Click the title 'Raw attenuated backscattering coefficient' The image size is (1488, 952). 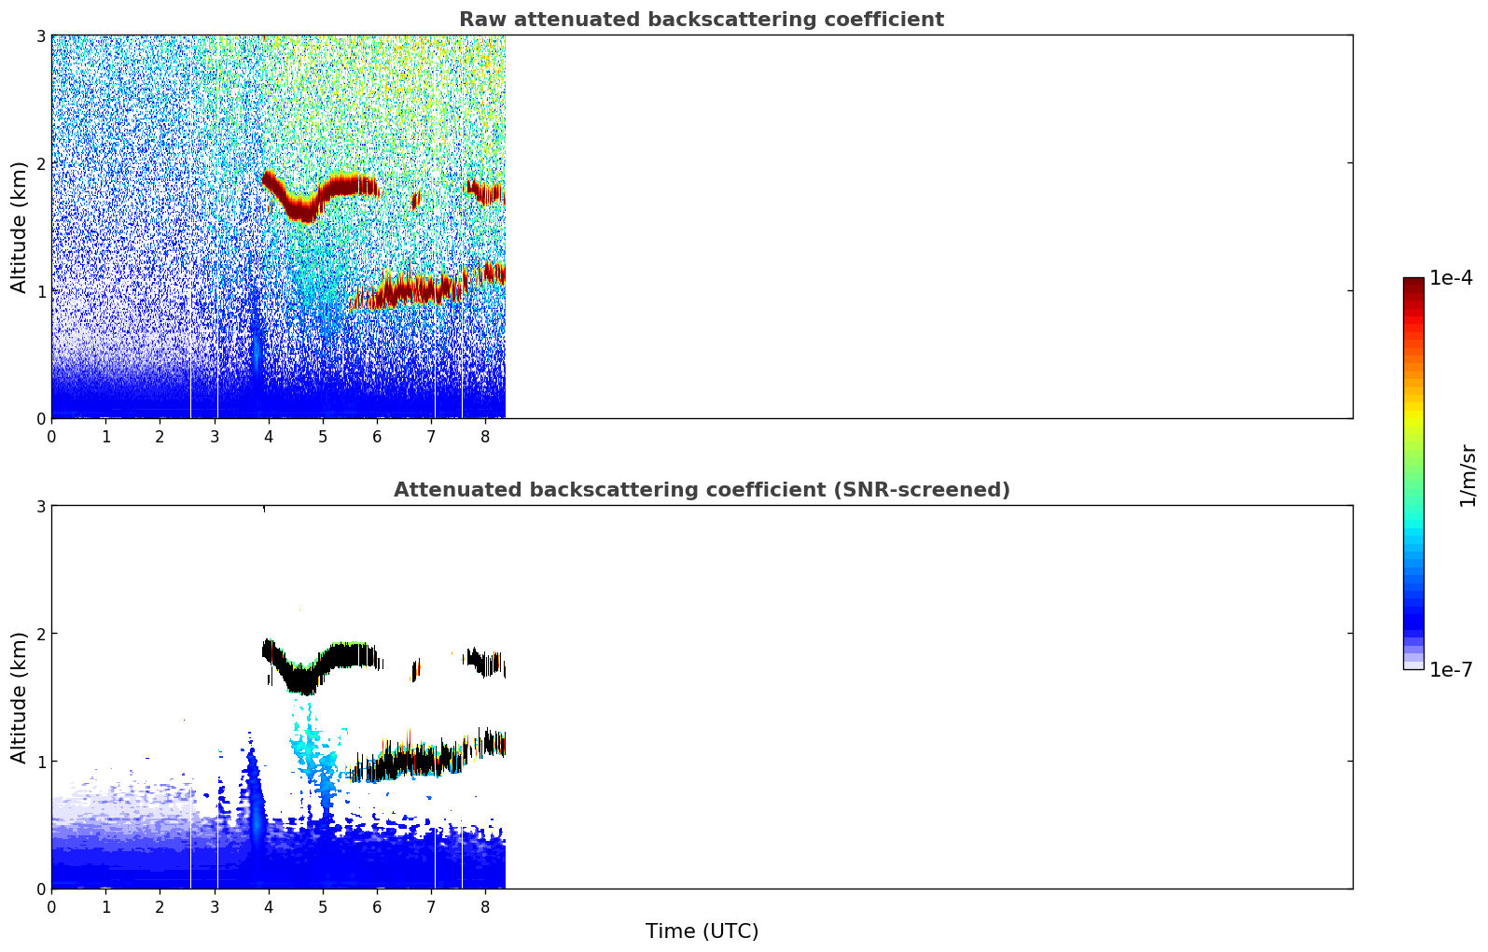point(702,20)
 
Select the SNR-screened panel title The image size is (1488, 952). point(702,489)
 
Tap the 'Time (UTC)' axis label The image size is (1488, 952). point(702,931)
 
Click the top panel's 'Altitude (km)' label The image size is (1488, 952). point(19,228)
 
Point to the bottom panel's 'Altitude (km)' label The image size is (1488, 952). point(19,697)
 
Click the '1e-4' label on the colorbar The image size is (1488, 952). point(1451,278)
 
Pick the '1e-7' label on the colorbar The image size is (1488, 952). point(1451,669)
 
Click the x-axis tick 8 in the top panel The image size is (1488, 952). point(485,437)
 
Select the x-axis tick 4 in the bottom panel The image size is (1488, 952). point(269,907)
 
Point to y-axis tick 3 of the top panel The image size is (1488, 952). point(40,35)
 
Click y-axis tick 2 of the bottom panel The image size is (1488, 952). point(40,634)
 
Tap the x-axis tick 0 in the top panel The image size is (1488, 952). point(52,437)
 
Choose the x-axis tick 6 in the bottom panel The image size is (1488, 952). point(377,907)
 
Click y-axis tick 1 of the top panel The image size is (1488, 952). point(40,291)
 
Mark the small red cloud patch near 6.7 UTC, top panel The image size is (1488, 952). point(416,200)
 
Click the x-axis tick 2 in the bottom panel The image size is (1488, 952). point(160,907)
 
